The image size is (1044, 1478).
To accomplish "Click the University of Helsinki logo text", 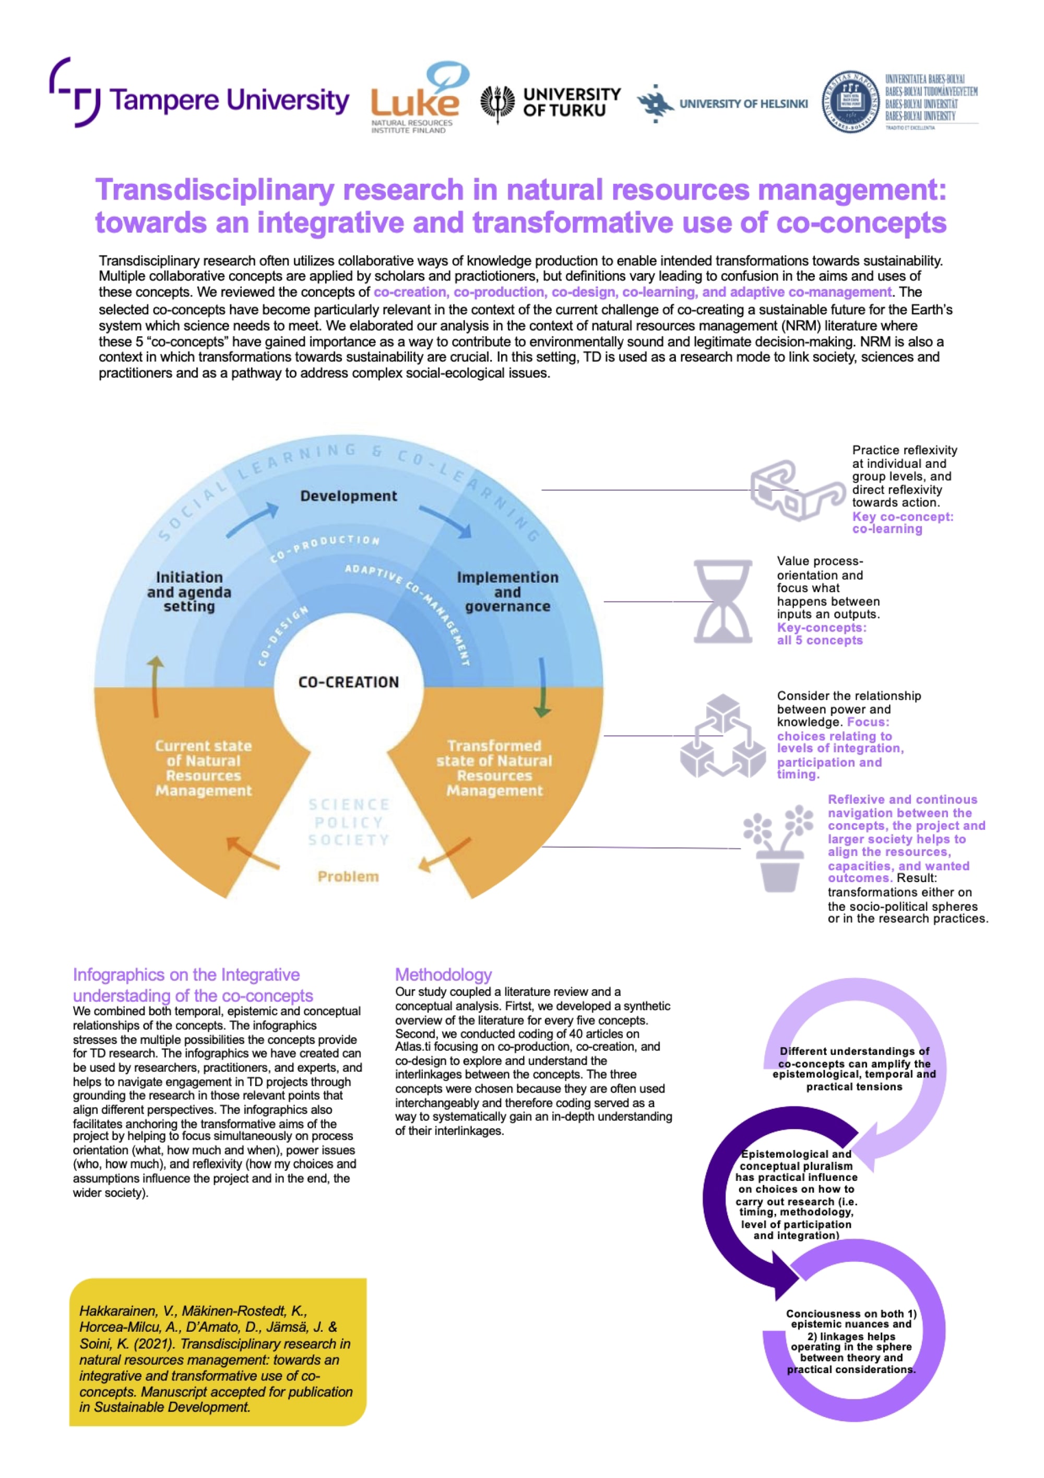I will pyautogui.click(x=743, y=103).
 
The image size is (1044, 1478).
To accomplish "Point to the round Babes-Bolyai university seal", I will pyautogui.click(x=850, y=102).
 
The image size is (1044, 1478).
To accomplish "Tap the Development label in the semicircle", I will pyautogui.click(x=348, y=496).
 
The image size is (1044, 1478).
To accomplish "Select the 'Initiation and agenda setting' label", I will pyautogui.click(x=189, y=592).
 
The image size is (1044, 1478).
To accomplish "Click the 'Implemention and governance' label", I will pyautogui.click(x=507, y=592).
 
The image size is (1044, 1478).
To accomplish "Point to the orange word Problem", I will pyautogui.click(x=348, y=876).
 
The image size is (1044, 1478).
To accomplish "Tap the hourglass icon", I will pyautogui.click(x=722, y=601).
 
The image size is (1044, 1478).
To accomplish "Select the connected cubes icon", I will pyautogui.click(x=722, y=736).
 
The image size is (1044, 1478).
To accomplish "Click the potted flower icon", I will pyautogui.click(x=778, y=848).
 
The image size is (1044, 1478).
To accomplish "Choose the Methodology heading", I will pyautogui.click(x=443, y=975).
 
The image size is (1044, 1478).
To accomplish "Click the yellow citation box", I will pyautogui.click(x=218, y=1359).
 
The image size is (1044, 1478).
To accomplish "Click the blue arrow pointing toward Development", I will pyautogui.click(x=253, y=521).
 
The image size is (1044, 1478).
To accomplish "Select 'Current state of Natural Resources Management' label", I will pyautogui.click(x=203, y=768).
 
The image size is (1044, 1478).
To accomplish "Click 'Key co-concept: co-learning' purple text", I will pyautogui.click(x=902, y=523).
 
